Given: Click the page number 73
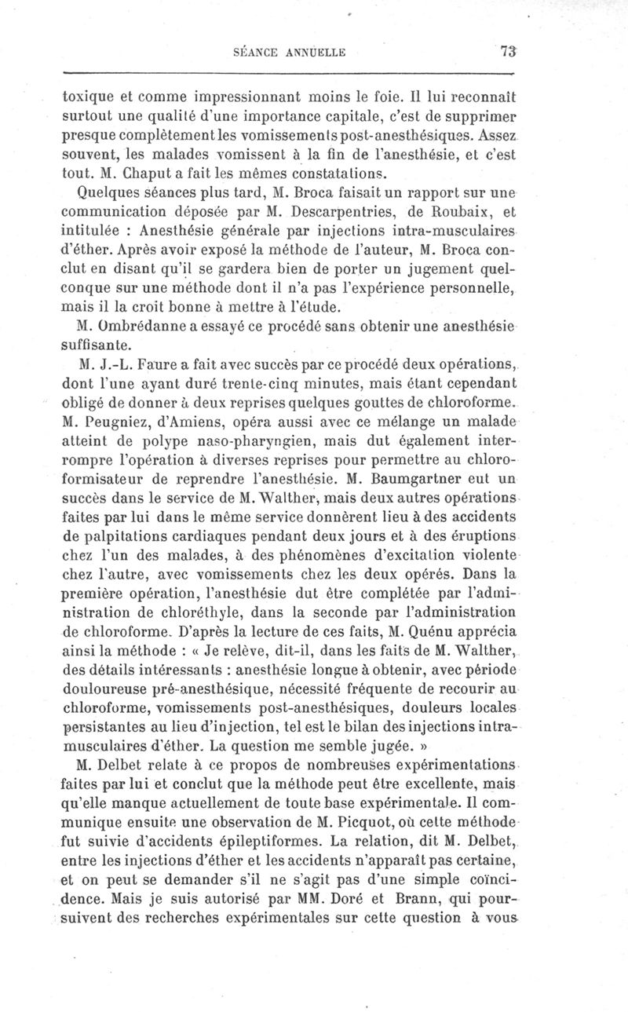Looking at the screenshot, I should tap(507, 53).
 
